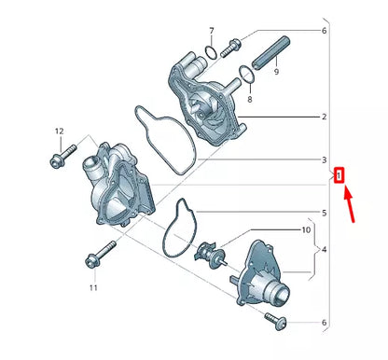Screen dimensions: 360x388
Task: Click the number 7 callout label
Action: pos(212,31)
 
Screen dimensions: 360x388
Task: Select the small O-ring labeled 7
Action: pos(213,50)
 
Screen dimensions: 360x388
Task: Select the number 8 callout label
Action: pos(249,94)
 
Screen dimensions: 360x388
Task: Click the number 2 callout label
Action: pos(323,118)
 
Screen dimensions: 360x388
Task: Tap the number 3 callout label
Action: pos(323,159)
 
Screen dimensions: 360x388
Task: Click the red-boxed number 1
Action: pos(339,174)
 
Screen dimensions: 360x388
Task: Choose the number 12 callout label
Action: pos(58,132)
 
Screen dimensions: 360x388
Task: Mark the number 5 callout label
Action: pos(323,213)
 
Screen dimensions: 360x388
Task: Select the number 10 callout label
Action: pos(306,229)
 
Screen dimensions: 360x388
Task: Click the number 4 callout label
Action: pos(324,249)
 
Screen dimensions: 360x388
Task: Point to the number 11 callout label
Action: pos(93,288)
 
